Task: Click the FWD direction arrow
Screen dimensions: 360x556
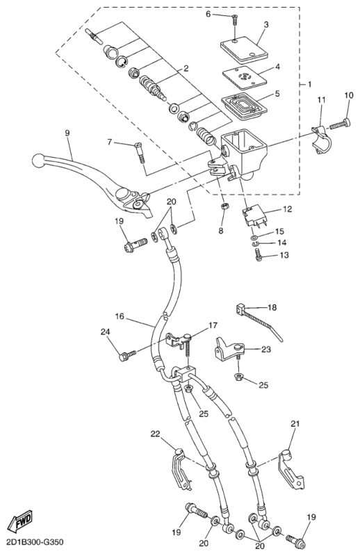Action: tap(20, 521)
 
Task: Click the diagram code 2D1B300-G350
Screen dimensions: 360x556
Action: tap(35, 542)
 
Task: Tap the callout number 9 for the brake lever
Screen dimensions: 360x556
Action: tap(67, 133)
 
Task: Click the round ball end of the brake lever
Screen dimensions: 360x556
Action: tap(38, 161)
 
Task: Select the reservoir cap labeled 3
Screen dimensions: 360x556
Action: tap(244, 48)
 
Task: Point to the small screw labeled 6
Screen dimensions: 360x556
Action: tap(235, 19)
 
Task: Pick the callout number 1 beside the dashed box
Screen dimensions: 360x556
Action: tap(309, 84)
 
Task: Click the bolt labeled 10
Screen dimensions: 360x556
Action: tap(340, 124)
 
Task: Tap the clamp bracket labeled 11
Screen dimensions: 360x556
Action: tap(321, 140)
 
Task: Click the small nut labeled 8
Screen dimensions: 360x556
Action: tap(224, 206)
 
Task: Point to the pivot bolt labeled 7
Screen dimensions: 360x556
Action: tap(140, 152)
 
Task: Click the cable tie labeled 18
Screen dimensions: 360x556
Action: tap(259, 322)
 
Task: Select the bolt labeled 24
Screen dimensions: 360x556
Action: tap(128, 355)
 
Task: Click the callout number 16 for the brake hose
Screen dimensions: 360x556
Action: tap(120, 316)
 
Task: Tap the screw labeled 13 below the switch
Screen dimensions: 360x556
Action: tap(259, 255)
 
